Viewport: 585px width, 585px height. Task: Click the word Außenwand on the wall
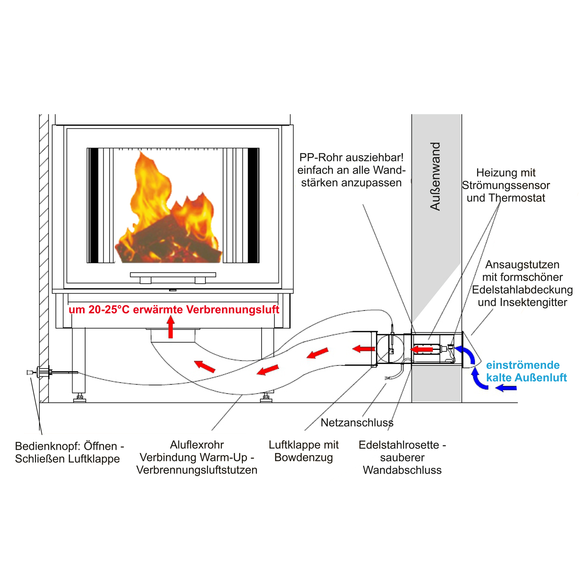coord(435,176)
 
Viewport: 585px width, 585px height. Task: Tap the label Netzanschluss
coord(357,423)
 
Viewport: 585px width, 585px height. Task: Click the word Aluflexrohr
coord(197,445)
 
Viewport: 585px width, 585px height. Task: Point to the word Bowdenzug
coord(303,457)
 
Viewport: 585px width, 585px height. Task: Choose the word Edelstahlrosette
coord(399,445)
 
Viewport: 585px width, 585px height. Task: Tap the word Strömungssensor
coord(506,185)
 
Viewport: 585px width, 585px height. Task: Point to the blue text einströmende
coord(523,365)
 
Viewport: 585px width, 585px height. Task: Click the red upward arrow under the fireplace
coord(170,327)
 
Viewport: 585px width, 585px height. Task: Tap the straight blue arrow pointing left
coord(506,388)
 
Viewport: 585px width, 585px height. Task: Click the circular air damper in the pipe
coord(390,348)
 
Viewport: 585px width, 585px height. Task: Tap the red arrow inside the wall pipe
coord(422,349)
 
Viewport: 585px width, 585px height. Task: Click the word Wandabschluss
coord(402,470)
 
